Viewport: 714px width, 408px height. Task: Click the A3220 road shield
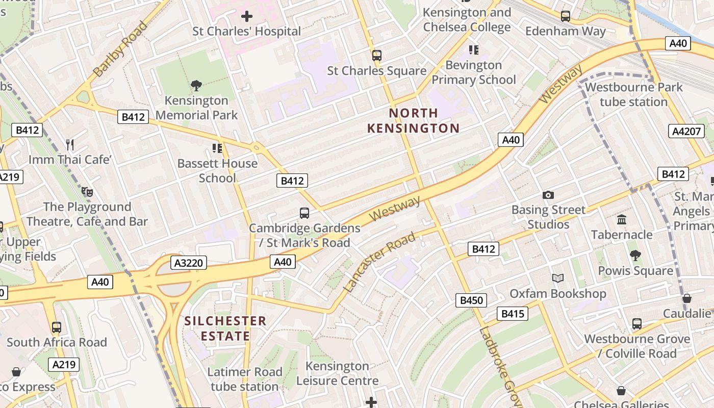coord(189,263)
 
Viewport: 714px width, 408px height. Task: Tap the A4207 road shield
coord(686,131)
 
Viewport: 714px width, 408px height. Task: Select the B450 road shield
coord(471,300)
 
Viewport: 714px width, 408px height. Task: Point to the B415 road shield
coord(513,314)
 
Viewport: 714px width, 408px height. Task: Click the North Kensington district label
coord(413,120)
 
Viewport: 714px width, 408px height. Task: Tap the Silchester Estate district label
coord(225,328)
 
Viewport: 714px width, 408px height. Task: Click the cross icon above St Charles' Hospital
coord(247,16)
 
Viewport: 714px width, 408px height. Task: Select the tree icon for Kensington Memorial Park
coord(196,85)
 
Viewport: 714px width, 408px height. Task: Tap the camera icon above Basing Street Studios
coord(548,195)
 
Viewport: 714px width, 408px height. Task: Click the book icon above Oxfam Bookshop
coord(558,278)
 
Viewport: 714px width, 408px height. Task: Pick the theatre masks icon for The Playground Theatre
coord(87,192)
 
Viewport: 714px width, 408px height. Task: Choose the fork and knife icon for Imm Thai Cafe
coord(70,145)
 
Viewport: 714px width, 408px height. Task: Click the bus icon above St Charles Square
coord(377,56)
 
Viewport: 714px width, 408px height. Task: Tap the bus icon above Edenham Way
coord(566,16)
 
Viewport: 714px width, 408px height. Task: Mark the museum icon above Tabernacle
coord(622,220)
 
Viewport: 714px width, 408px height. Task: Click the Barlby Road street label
coord(120,49)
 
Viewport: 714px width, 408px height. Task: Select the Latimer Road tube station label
coord(245,379)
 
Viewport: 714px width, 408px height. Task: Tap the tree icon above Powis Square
coord(635,256)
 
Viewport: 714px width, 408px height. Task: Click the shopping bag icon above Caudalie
coord(687,298)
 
